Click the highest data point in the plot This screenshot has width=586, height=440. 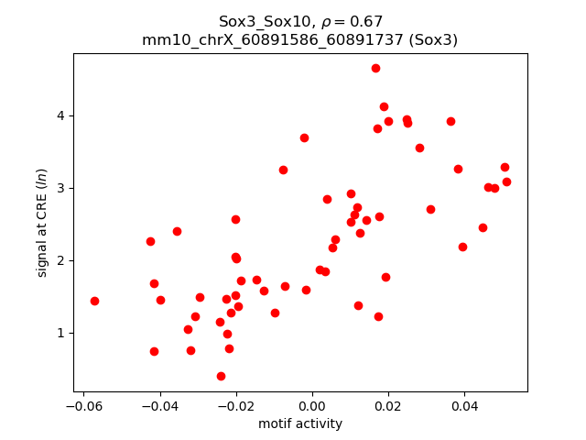375,68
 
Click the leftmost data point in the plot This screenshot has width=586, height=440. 94,301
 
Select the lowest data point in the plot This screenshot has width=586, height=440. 221,376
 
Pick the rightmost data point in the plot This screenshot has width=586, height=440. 506,181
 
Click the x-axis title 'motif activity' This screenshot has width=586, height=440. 300,423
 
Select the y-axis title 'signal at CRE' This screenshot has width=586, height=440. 42,222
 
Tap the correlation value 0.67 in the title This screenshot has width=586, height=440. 366,21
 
